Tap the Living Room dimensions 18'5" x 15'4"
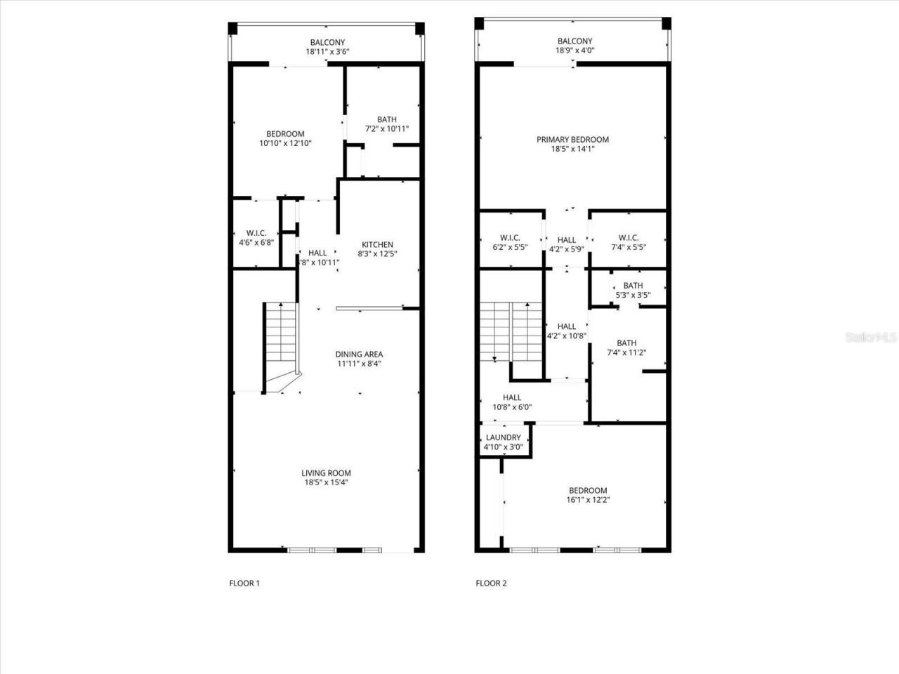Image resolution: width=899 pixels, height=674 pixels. pyautogui.click(x=326, y=482)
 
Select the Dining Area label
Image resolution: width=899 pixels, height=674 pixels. pyautogui.click(x=359, y=355)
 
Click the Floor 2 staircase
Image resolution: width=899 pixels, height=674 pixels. pyautogui.click(x=511, y=330)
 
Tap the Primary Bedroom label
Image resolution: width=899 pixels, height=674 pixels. pyautogui.click(x=572, y=140)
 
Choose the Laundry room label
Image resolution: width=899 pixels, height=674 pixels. pyautogui.click(x=503, y=437)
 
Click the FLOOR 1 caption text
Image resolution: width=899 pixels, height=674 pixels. pyautogui.click(x=244, y=583)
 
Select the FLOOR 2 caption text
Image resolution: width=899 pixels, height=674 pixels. pyautogui.click(x=491, y=583)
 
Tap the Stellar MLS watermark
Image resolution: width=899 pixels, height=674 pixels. pyautogui.click(x=871, y=338)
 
